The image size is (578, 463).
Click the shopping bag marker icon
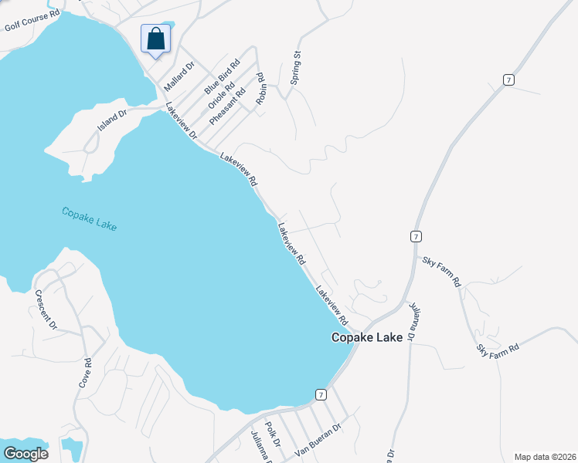coord(155,37)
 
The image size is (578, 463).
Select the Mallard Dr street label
coord(178,76)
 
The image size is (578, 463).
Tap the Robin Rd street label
coord(261,90)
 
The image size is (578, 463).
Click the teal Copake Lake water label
coord(89,218)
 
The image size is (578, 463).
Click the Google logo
coord(25,453)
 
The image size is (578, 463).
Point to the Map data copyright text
coord(544,457)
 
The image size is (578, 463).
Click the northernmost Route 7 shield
coord(507,79)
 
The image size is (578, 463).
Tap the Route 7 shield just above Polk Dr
coord(320,394)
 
